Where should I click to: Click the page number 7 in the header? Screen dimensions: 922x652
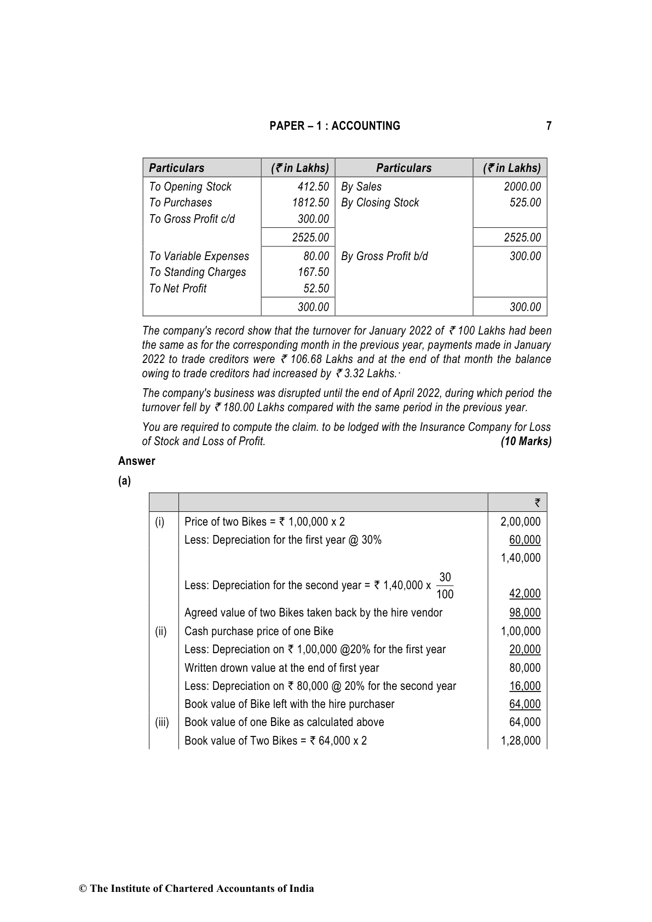(549, 126)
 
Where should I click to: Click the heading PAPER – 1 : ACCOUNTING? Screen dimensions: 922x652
(334, 126)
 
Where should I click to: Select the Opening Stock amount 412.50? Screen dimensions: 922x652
(313, 187)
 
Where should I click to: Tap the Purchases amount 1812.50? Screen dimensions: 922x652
(310, 203)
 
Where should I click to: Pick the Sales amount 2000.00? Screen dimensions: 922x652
(522, 187)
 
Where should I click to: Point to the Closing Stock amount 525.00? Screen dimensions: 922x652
(525, 203)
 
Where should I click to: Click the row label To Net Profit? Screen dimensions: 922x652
(178, 289)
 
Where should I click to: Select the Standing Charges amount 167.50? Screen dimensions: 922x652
(313, 272)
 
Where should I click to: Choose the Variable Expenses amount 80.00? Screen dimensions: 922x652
(316, 256)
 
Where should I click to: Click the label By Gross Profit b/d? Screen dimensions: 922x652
(384, 256)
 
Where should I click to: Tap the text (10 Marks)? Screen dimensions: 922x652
(526, 441)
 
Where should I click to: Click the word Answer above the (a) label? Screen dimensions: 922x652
(137, 461)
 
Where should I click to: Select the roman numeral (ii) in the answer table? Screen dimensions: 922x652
(160, 631)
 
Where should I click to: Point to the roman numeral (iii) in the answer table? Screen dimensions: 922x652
(162, 722)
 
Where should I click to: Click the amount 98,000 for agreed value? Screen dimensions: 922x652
(524, 613)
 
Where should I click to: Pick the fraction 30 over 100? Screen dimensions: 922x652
(445, 586)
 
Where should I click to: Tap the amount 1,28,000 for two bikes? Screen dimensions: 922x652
(521, 741)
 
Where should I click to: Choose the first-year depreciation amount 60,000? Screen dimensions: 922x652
(524, 540)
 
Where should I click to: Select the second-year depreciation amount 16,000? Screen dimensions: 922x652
(524, 686)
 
